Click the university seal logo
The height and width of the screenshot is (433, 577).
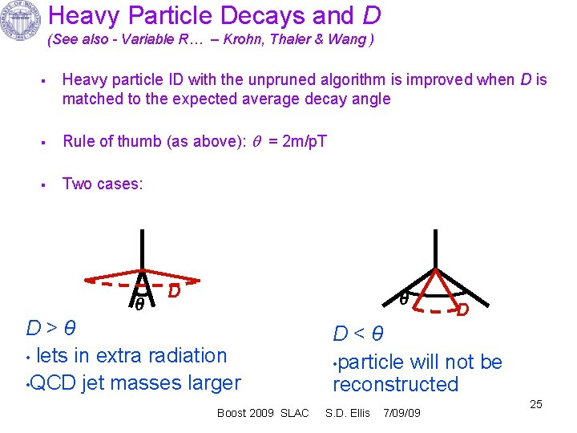22,22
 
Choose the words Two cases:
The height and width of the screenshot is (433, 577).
103,184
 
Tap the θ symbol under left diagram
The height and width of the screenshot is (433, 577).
139,305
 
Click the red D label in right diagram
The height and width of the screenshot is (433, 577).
462,309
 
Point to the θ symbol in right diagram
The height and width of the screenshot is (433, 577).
405,298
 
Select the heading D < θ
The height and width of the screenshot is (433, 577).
358,334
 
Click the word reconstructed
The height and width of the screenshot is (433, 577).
395,384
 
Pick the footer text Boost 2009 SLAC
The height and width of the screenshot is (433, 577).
262,413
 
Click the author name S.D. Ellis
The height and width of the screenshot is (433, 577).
347,413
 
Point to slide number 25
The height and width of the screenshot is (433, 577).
536,404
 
